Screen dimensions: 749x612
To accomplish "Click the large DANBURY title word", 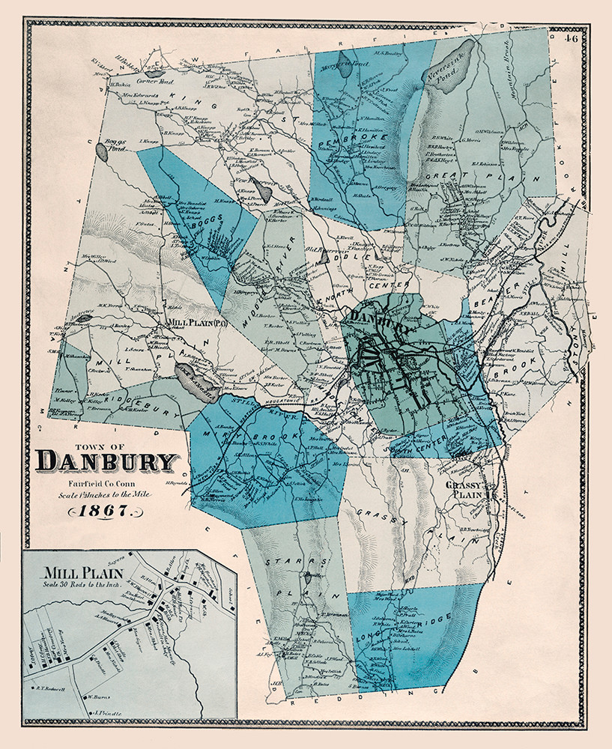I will pos(106,461).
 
